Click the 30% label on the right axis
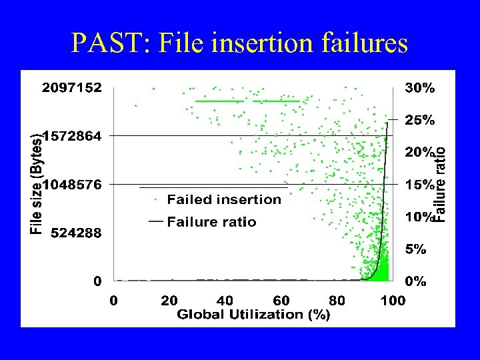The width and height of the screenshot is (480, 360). pyautogui.click(x=420, y=88)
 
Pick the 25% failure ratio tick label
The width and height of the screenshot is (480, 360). pyautogui.click(x=420, y=120)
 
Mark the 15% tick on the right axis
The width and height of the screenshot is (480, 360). pyautogui.click(x=420, y=185)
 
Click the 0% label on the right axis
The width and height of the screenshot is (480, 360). pyautogui.click(x=417, y=281)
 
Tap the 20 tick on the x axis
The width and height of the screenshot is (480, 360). pyautogui.click(x=169, y=301)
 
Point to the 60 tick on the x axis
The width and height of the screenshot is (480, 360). pyautogui.click(x=281, y=301)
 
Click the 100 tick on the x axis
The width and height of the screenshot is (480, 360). pyautogui.click(x=393, y=301)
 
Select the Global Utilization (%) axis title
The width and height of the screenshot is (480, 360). pyautogui.click(x=253, y=315)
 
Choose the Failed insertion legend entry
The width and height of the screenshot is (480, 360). pyautogui.click(x=224, y=199)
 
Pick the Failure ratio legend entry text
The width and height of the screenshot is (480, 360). pyautogui.click(x=211, y=222)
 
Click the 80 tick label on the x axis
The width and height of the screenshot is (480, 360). pyautogui.click(x=337, y=301)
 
